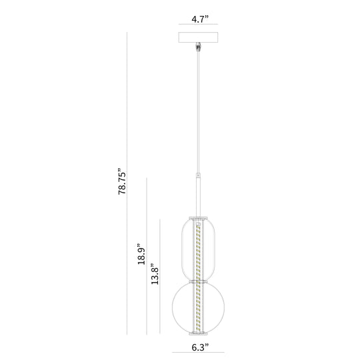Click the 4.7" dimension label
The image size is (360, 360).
coord(200,19)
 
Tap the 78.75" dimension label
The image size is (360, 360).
coord(122,181)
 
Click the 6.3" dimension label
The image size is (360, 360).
coord(200,347)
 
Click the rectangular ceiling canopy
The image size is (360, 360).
coord(198,37)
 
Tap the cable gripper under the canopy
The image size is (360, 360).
coord(198,47)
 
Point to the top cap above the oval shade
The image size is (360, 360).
coord(198,217)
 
